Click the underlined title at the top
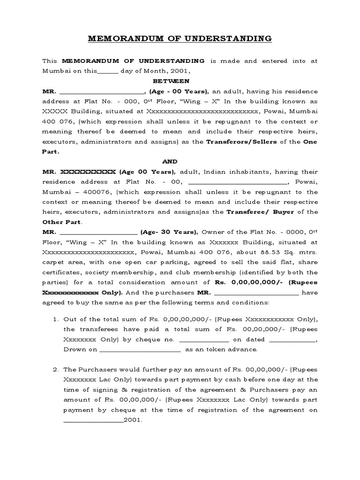(180, 38)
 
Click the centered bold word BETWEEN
(180, 81)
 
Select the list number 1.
(55, 319)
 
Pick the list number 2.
(55, 369)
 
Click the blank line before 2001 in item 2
(93, 420)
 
